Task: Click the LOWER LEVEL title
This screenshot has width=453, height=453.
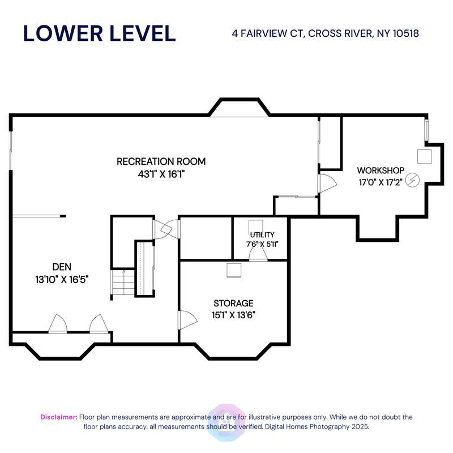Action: tap(100, 33)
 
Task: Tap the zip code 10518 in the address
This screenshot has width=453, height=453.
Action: tap(405, 33)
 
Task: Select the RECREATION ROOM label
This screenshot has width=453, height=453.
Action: tap(161, 161)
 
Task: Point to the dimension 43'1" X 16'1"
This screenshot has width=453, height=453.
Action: tap(161, 174)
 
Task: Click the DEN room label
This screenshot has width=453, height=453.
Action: tap(62, 267)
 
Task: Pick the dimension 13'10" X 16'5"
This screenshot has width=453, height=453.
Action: tap(62, 280)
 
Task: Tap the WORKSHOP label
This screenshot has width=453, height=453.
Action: tap(381, 170)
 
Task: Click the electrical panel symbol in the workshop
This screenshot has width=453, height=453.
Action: tap(412, 180)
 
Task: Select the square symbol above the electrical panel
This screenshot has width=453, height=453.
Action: tap(424, 157)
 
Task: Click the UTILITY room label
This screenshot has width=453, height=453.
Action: tap(262, 235)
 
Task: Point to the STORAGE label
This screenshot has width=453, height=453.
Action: tap(233, 303)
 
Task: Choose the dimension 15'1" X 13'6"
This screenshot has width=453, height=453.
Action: tap(233, 315)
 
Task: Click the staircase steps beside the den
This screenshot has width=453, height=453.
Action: tap(123, 282)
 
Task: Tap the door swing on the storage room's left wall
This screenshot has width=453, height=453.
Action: tap(188, 320)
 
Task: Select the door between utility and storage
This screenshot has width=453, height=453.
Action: tap(258, 253)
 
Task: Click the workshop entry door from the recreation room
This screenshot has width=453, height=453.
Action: tap(327, 183)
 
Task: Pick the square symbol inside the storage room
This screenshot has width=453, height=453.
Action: tap(234, 271)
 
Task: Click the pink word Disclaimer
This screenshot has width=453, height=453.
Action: tap(59, 417)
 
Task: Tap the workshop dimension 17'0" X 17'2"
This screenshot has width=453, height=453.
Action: tap(381, 182)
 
